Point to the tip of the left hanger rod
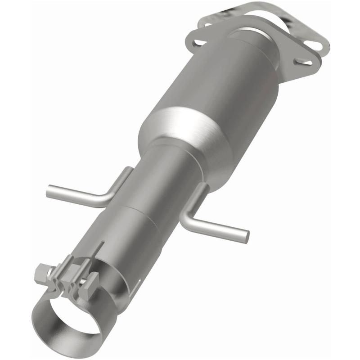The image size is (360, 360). click(x=49, y=191)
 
